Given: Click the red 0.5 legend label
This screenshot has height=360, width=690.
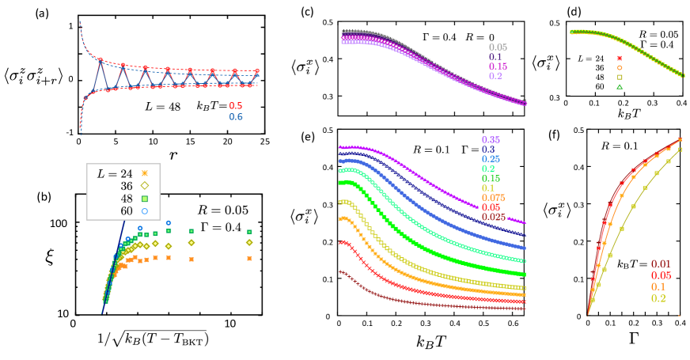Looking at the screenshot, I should tap(236, 106).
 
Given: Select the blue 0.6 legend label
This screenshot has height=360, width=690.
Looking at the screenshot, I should tap(236, 117).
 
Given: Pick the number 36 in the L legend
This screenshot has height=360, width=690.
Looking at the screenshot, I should tap(127, 186).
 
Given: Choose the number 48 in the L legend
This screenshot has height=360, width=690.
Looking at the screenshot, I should tap(127, 199).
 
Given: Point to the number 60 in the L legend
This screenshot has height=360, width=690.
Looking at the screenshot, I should tap(127, 211).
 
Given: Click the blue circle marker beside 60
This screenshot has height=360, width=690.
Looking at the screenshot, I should tap(145, 211).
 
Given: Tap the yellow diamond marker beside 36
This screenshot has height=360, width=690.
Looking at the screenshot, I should tap(145, 186).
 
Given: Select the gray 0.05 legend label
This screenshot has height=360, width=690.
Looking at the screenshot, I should tap(498, 47).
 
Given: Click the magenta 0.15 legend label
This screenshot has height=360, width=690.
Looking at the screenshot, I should tap(498, 66).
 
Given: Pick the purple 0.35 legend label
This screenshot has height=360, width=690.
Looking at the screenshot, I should tap(491, 140).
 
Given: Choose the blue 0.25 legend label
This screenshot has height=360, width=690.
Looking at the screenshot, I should tap(491, 159).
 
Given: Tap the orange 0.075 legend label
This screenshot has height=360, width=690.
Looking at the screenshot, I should tap(493, 198).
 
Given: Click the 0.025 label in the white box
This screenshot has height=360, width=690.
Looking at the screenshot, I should tap(494, 217).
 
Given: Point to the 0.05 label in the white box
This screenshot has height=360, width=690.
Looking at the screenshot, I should tap(491, 207).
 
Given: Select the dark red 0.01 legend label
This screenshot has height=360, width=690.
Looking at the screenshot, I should tap(661, 264).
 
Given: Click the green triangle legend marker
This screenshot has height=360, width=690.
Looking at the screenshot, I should tap(619, 86).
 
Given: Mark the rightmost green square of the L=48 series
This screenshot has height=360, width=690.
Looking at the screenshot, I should tap(249, 232).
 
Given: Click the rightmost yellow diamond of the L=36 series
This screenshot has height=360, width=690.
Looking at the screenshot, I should tap(249, 242).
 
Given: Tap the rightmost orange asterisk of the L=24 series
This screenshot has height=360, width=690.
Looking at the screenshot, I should tap(249, 258).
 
